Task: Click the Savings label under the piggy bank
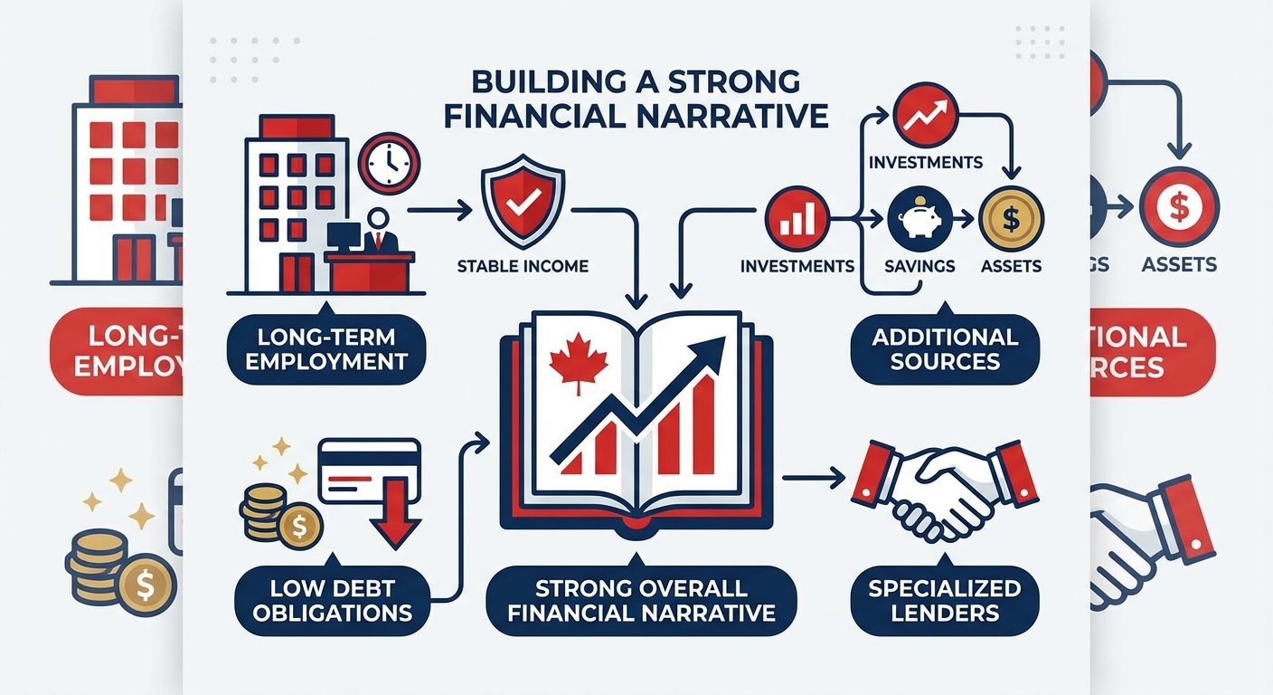918,266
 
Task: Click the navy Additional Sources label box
945,349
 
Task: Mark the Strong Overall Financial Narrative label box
641,600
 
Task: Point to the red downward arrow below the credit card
394,524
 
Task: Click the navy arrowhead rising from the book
711,349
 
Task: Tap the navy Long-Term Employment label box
326,349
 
